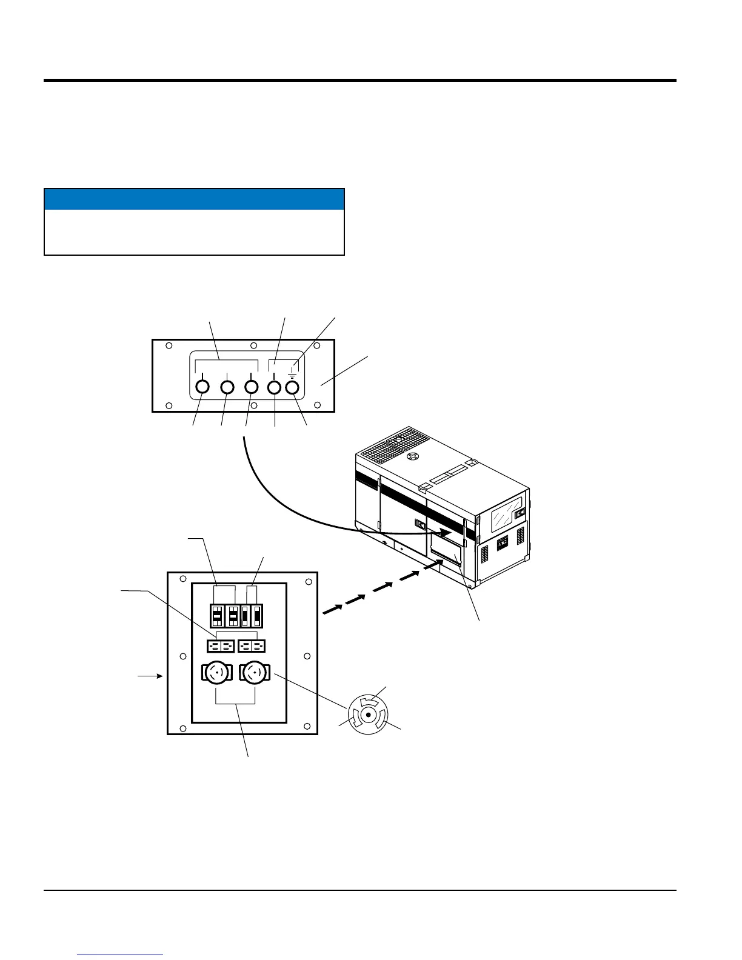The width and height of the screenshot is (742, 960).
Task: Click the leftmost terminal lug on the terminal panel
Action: click(202, 387)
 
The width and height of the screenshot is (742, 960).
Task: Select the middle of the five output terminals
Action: click(251, 387)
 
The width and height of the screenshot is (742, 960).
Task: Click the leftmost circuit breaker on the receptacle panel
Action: click(217, 615)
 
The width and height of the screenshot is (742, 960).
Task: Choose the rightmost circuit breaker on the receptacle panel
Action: click(258, 615)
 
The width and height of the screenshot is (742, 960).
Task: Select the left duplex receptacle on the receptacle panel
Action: click(220, 645)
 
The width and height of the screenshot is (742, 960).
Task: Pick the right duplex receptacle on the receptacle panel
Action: click(252, 645)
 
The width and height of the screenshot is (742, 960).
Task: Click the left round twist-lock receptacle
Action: click(217, 673)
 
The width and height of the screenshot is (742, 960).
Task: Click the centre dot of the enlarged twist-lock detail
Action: click(369, 715)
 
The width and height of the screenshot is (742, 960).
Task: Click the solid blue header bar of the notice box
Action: click(194, 199)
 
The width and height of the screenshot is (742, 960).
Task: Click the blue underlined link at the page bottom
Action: click(120, 955)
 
